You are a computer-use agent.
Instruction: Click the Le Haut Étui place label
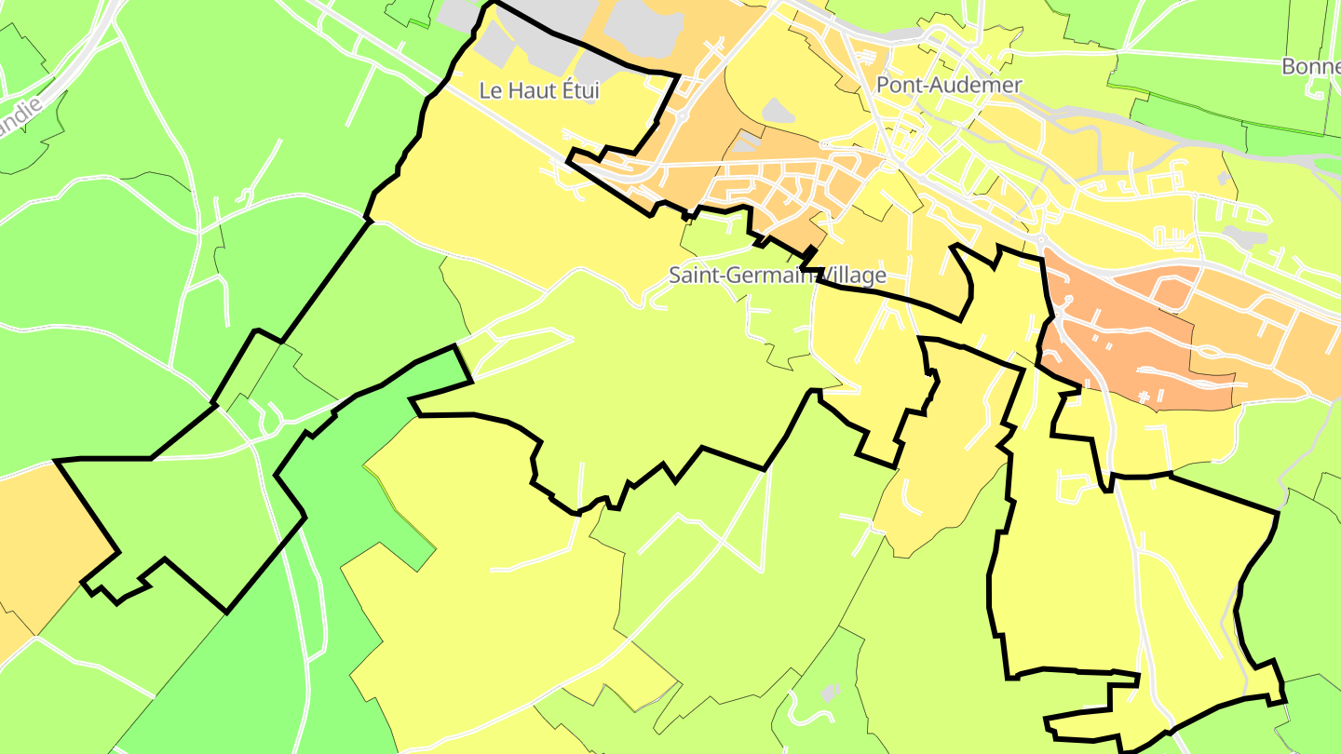[x=539, y=90]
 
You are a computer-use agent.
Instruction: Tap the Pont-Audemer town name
[x=949, y=85]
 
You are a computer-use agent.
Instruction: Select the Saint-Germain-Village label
[x=777, y=276]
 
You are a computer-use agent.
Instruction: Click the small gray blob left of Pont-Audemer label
[x=779, y=112]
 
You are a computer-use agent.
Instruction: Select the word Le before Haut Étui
[x=490, y=90]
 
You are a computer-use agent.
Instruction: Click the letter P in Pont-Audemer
[x=883, y=85]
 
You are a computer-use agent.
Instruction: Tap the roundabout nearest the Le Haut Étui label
[x=683, y=115]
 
